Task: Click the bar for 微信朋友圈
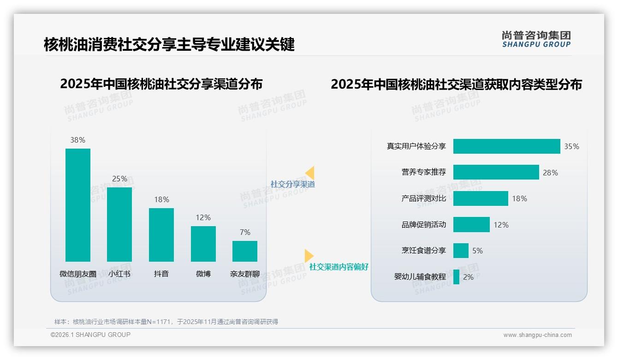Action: pyautogui.click(x=78, y=205)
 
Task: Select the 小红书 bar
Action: pyautogui.click(x=119, y=224)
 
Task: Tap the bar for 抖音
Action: pyautogui.click(x=161, y=234)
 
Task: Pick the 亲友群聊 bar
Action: pyautogui.click(x=245, y=251)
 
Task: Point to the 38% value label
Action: pyautogui.click(x=78, y=140)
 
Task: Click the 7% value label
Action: pyautogui.click(x=245, y=232)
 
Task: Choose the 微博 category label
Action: pyautogui.click(x=203, y=274)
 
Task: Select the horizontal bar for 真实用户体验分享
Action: pyautogui.click(x=506, y=146)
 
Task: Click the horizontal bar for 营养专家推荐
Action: pyautogui.click(x=496, y=172)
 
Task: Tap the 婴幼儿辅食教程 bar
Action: pyautogui.click(x=456, y=277)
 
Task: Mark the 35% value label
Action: pyautogui.click(x=571, y=146)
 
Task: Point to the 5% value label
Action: pyautogui.click(x=477, y=251)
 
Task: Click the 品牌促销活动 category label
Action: pyautogui.click(x=423, y=225)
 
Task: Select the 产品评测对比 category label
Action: pyautogui.click(x=423, y=198)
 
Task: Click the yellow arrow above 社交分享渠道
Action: pyautogui.click(x=310, y=173)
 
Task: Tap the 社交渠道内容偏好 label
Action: pyautogui.click(x=339, y=267)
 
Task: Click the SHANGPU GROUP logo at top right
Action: pyautogui.click(x=536, y=39)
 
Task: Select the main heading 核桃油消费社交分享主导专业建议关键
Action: pyautogui.click(x=169, y=45)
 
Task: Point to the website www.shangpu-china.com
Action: pyautogui.click(x=537, y=335)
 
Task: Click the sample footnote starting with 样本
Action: pyautogui.click(x=166, y=322)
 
